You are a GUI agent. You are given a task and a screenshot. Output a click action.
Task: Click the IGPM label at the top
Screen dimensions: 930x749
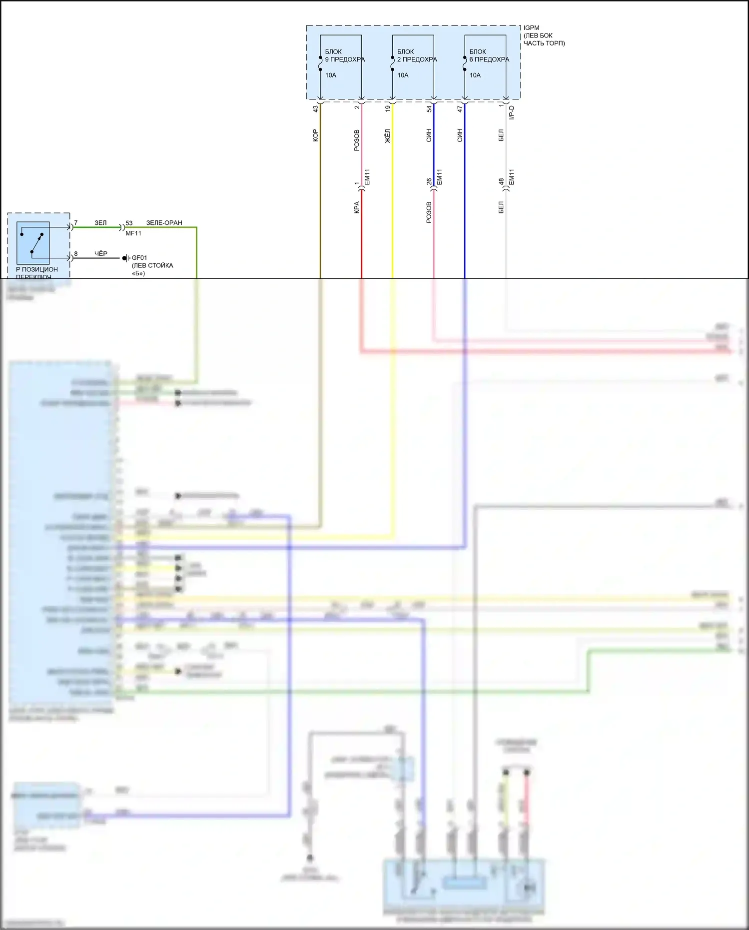tap(531, 28)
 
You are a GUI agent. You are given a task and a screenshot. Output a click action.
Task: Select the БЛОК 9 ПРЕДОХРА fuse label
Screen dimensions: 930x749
tap(345, 55)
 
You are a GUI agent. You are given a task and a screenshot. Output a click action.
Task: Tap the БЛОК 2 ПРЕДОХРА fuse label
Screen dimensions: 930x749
tap(417, 55)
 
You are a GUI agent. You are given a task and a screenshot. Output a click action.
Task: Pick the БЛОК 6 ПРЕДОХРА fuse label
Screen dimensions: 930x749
tap(489, 55)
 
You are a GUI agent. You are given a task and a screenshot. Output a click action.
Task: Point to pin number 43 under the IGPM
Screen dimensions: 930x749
tap(315, 108)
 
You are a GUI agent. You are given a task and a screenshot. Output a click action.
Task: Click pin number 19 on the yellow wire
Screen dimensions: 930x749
tap(388, 108)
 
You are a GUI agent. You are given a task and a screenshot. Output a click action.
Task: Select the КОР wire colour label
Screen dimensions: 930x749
tap(315, 135)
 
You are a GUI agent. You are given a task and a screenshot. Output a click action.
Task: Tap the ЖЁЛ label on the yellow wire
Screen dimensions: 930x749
tap(388, 136)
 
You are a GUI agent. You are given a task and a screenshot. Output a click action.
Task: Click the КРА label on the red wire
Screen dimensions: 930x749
tap(357, 207)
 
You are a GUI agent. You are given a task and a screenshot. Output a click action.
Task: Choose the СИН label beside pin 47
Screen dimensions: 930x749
tap(460, 135)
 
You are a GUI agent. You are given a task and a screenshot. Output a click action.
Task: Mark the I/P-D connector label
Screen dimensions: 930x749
tap(511, 112)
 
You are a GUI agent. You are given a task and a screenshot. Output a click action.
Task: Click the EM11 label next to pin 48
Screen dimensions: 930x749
tap(511, 177)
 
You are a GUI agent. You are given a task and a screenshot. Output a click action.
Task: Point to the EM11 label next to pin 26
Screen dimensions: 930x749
tap(439, 177)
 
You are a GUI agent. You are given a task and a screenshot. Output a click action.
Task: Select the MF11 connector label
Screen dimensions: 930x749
tap(133, 233)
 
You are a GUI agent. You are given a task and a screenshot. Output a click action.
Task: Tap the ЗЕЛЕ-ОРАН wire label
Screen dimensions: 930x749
tap(164, 223)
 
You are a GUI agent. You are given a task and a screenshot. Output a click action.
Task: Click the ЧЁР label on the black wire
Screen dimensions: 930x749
tap(101, 254)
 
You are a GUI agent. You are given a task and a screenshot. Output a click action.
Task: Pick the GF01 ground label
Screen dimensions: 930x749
tap(139, 258)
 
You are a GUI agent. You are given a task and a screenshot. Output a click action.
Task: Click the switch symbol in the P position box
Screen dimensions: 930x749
tap(33, 243)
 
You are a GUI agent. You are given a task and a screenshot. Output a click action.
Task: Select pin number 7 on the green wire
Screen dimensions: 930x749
tap(76, 223)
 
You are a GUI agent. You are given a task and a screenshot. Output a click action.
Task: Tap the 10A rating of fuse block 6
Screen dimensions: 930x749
tap(475, 75)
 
